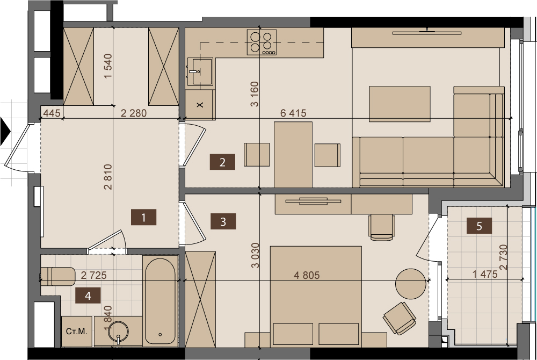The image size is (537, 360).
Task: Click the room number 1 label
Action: [x=143, y=217]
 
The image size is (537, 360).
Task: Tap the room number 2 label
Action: [x=223, y=162]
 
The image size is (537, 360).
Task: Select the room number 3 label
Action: [x=223, y=221]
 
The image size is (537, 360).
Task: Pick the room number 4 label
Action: [x=88, y=296]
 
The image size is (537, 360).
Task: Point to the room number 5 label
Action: [x=479, y=226]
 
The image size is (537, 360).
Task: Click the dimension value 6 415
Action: [x=293, y=113]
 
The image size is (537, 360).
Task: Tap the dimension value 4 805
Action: [x=307, y=275]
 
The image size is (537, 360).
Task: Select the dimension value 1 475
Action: [x=484, y=274]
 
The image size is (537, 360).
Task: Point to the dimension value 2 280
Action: [x=134, y=113]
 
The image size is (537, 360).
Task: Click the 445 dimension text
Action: [x=52, y=113]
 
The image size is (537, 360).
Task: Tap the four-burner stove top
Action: [x=262, y=42]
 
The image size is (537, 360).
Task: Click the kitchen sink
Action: [x=200, y=71]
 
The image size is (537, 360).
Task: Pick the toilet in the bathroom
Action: [x=58, y=276]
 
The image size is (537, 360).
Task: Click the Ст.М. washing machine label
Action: [x=77, y=331]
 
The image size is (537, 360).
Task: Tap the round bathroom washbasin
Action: [x=118, y=332]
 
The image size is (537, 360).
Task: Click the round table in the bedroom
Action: [x=411, y=284]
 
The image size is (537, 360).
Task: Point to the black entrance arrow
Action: [x=5, y=132]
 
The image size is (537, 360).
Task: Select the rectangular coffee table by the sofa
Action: [x=400, y=104]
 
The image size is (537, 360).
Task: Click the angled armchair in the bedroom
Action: [x=400, y=318]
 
